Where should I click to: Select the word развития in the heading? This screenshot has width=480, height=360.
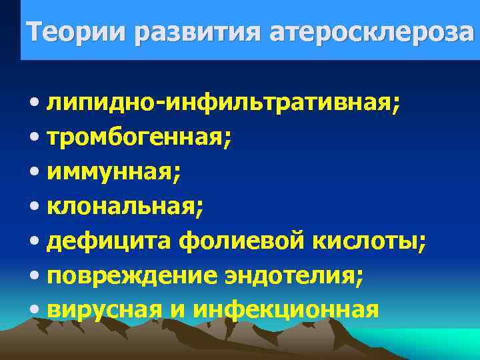click(198, 32)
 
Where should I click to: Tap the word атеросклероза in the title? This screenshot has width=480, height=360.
click(373, 32)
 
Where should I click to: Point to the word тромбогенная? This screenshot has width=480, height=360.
click(139, 138)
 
